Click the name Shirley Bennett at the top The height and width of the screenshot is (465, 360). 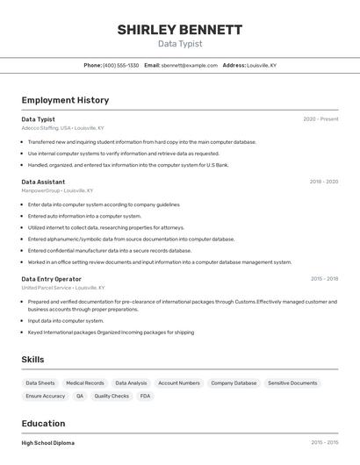click(180, 30)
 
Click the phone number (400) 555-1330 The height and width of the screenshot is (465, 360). click(120, 65)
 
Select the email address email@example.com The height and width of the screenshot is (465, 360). click(186, 65)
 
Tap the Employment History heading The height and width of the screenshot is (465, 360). click(65, 100)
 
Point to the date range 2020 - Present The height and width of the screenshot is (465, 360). click(320, 119)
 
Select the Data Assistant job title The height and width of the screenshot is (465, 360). click(43, 182)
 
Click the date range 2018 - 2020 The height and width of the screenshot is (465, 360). click(323, 182)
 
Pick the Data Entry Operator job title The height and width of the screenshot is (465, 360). click(51, 279)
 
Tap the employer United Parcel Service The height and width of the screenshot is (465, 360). click(47, 287)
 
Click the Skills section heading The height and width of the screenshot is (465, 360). click(32, 360)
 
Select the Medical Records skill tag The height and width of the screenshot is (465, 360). click(85, 383)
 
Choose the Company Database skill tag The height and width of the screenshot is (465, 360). click(234, 383)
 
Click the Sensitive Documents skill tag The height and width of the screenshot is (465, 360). click(292, 383)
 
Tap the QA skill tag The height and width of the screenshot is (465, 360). click(80, 396)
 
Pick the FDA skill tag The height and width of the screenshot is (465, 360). click(145, 396)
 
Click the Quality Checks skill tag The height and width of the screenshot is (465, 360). click(112, 396)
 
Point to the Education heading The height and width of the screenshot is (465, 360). click(43, 424)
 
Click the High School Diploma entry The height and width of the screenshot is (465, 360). click(48, 443)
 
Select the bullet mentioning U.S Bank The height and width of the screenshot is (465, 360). click(127, 164)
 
